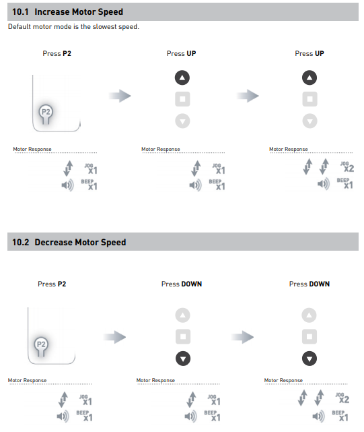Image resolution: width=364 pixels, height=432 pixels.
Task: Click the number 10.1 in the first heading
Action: (20, 12)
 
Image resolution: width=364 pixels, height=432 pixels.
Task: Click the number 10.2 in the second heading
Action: (20, 242)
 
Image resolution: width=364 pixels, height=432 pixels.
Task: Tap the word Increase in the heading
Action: (52, 12)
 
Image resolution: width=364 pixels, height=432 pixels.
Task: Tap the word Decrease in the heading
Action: (53, 242)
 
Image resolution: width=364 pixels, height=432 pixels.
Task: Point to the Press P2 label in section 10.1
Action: (57, 53)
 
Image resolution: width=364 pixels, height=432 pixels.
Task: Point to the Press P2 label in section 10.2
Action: (52, 284)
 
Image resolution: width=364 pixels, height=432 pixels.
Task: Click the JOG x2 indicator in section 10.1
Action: (347, 166)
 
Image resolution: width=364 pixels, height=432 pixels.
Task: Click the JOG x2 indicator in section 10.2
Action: (342, 398)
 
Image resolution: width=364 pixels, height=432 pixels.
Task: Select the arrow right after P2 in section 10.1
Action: (120, 96)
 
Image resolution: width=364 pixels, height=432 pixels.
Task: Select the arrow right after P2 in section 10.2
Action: (115, 337)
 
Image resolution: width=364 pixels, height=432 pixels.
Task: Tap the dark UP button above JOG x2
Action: (310, 78)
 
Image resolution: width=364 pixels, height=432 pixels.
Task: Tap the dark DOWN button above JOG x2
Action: (310, 359)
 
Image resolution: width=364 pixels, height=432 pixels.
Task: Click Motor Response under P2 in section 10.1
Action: (32, 149)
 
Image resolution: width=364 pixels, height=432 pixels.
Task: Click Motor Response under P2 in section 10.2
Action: (27, 380)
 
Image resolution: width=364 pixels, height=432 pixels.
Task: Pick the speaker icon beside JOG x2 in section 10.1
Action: (323, 184)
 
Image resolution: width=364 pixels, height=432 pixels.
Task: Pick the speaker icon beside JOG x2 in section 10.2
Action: (319, 416)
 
